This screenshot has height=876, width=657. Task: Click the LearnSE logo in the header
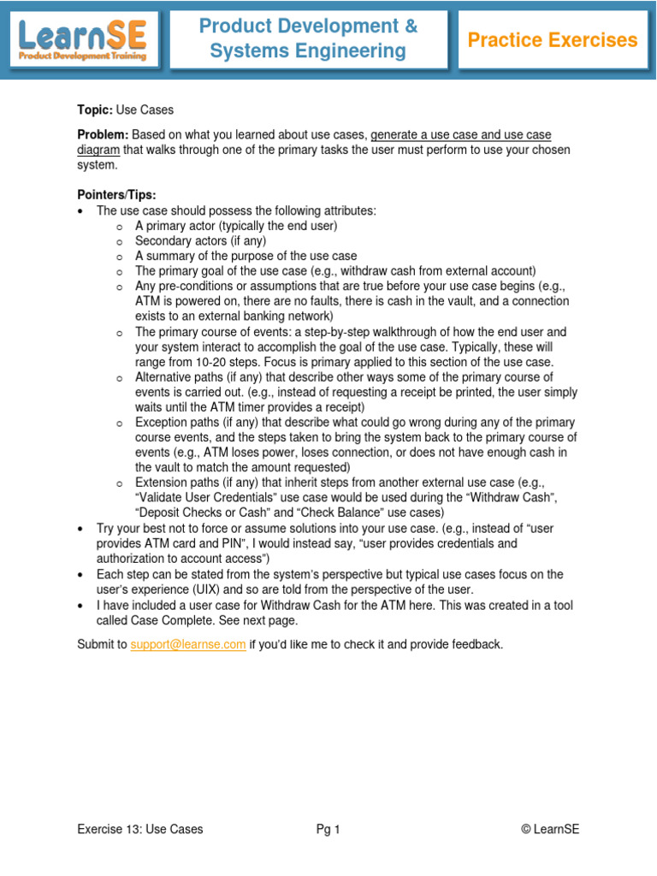pos(82,39)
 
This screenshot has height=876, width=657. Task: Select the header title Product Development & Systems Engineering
pos(308,39)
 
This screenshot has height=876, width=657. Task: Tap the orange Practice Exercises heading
pos(552,40)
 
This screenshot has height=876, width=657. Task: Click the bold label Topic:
pos(95,110)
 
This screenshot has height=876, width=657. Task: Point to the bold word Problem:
pos(103,135)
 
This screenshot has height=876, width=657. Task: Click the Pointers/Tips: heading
pos(117,195)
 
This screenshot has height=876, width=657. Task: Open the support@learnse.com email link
pos(188,644)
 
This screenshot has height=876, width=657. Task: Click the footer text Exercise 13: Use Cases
pos(140,829)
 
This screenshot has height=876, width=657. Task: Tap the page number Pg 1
pos(328,829)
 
